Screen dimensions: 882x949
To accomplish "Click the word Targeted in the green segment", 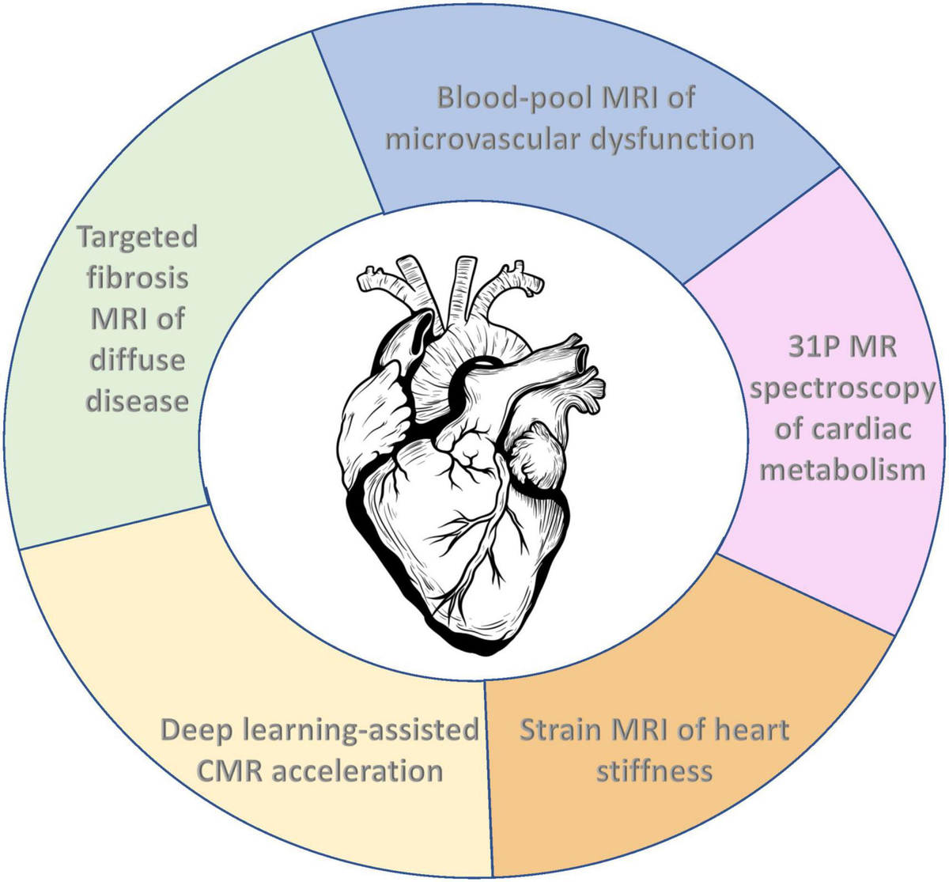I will [137, 237].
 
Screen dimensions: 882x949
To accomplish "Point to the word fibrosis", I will [137, 278].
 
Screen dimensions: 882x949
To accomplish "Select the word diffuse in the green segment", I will [137, 360].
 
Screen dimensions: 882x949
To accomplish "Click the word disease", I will [137, 400].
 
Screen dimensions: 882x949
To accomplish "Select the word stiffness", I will [654, 770].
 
